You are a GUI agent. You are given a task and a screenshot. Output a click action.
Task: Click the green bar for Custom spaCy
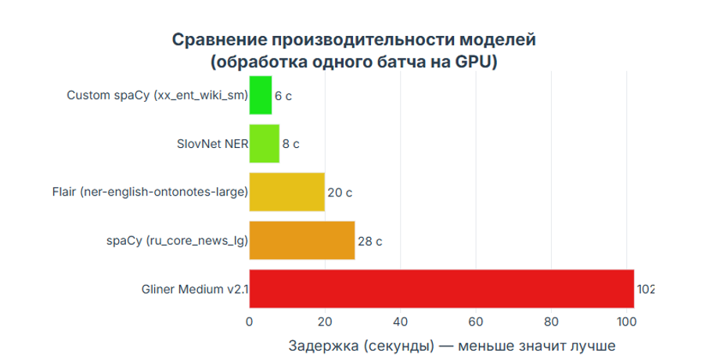click(x=261, y=95)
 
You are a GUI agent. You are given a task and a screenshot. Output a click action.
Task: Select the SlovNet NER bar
click(x=265, y=144)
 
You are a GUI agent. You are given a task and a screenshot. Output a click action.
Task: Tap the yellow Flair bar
click(x=287, y=192)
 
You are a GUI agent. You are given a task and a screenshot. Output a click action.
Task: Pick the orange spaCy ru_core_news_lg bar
click(x=302, y=240)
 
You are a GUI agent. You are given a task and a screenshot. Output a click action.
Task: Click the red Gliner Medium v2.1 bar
click(x=441, y=289)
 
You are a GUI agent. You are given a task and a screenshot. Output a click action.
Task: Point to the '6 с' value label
click(x=283, y=96)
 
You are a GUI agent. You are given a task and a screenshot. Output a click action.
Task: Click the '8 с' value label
click(x=291, y=145)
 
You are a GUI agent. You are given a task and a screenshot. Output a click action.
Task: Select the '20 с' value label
click(x=339, y=193)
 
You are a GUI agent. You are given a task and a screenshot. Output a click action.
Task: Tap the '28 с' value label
click(x=369, y=241)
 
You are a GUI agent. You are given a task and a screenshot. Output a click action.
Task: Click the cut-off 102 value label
click(x=645, y=290)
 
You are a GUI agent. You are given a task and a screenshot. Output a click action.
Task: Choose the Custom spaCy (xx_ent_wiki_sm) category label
click(x=157, y=95)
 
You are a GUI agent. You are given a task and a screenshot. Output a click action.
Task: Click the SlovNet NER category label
click(x=212, y=144)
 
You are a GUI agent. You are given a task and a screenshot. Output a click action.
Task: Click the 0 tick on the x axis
click(x=250, y=321)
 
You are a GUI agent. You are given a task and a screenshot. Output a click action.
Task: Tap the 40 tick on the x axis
click(x=401, y=321)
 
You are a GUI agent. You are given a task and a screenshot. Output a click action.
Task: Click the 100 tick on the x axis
click(x=627, y=321)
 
